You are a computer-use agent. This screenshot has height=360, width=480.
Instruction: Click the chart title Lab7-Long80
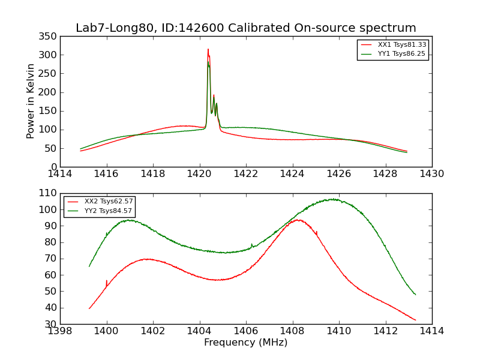(x=245, y=28)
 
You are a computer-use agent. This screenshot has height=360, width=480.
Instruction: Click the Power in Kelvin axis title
(x=31, y=101)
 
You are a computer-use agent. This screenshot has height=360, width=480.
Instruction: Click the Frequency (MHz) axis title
(x=245, y=343)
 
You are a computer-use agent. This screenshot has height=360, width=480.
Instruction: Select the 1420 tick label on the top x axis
(x=199, y=174)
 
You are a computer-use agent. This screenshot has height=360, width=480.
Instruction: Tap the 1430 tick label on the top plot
(x=431, y=174)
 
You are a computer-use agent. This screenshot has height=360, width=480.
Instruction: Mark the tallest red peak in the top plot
(x=208, y=50)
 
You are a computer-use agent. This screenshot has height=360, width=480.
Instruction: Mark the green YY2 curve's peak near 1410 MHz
(x=332, y=199)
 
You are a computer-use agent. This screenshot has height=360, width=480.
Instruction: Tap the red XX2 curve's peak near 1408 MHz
(x=297, y=220)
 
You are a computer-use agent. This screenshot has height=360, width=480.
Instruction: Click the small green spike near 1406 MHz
(x=251, y=244)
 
